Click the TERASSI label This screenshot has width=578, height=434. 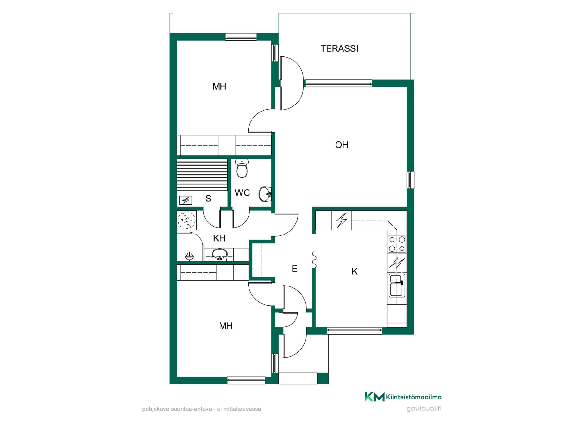click(x=339, y=49)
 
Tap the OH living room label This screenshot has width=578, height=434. click(x=342, y=145)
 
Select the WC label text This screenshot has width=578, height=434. click(x=242, y=193)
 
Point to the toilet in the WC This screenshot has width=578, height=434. click(x=242, y=168)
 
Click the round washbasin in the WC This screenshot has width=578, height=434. click(x=265, y=194)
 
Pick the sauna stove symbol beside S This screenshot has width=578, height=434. click(x=186, y=200)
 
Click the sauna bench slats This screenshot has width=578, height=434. click(x=202, y=175)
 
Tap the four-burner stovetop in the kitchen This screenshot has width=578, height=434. click(x=397, y=244)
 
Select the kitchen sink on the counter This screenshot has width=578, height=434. click(x=397, y=285)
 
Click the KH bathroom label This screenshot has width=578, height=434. click(x=219, y=239)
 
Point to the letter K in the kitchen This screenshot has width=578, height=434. click(x=355, y=272)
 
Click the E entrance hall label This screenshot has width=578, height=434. click(x=295, y=269)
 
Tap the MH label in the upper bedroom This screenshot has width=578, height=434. click(x=219, y=87)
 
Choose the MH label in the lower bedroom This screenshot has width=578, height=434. click(x=226, y=326)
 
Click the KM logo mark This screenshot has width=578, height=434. click(x=374, y=397)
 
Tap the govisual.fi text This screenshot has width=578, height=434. click(x=424, y=409)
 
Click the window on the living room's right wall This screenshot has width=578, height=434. click(x=410, y=180)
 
